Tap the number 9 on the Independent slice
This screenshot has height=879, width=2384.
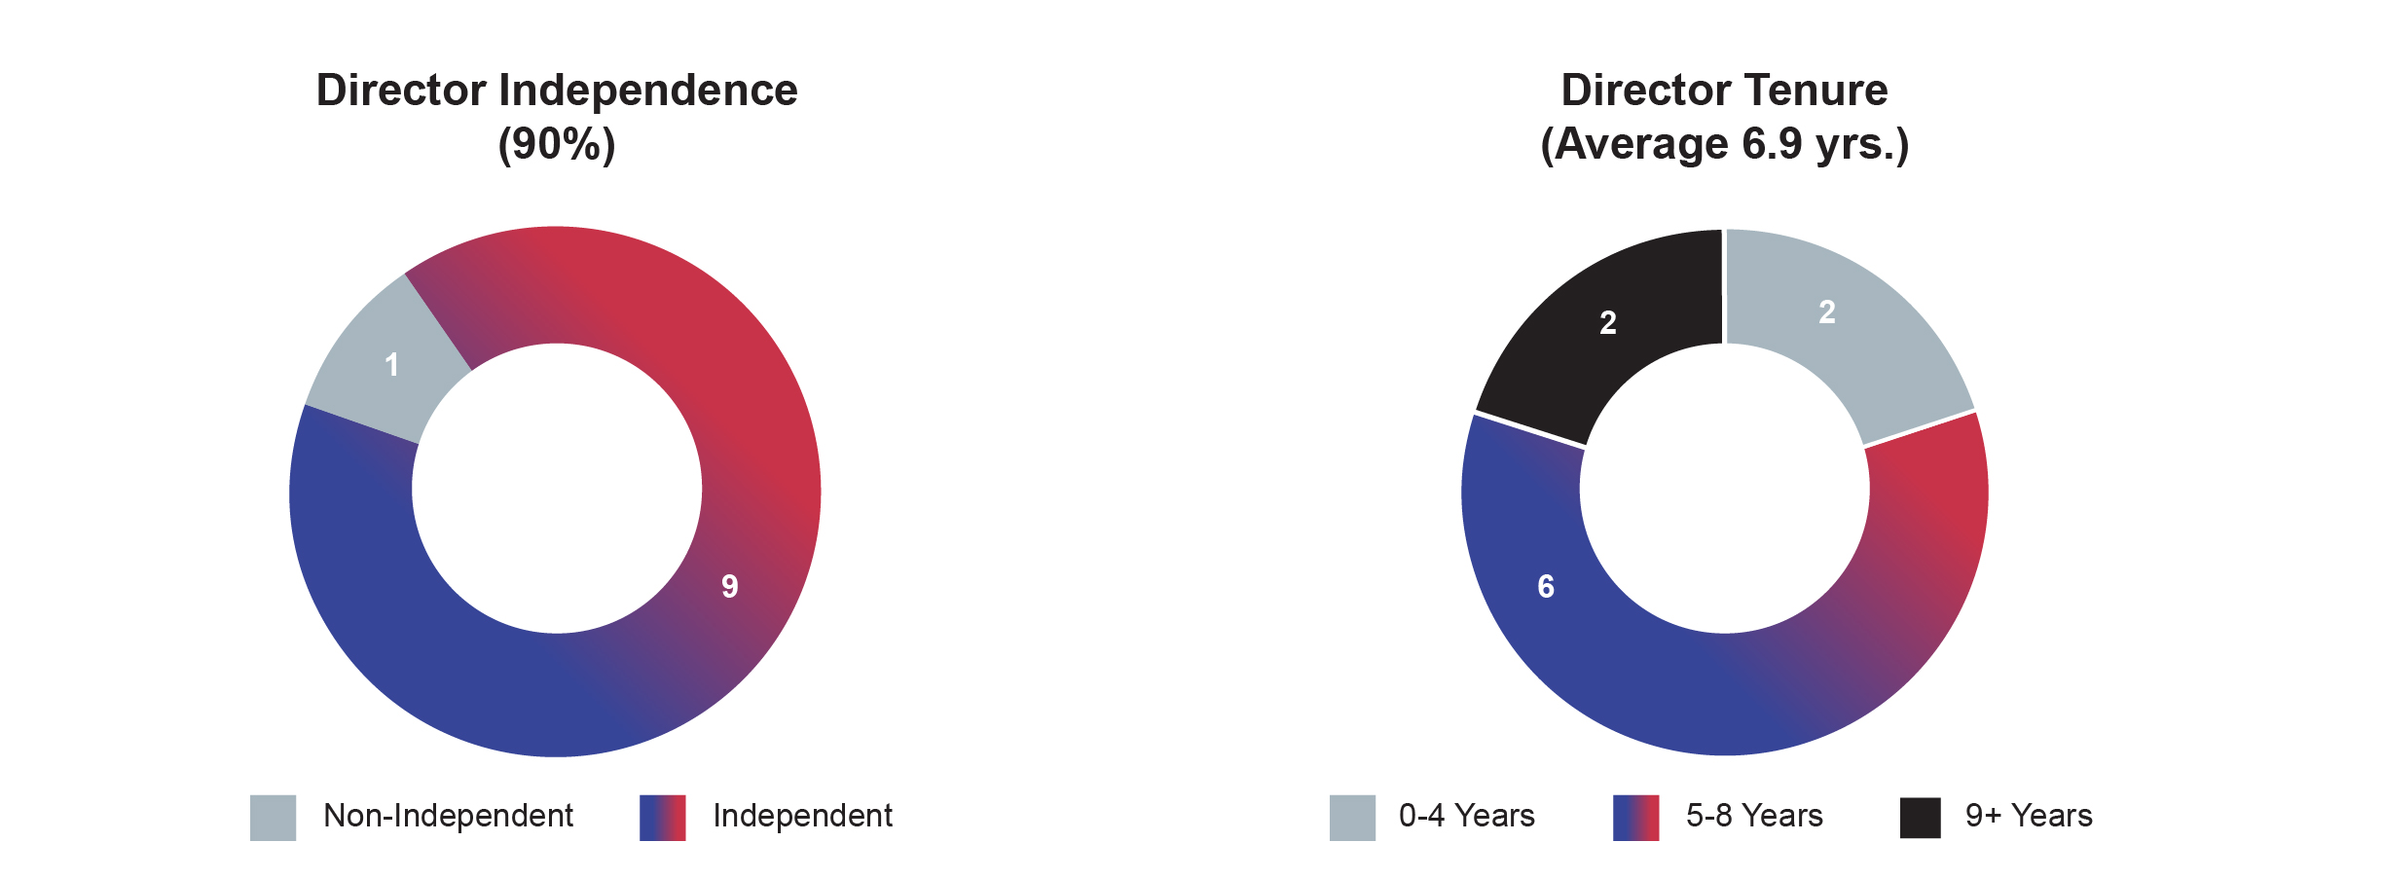click(729, 586)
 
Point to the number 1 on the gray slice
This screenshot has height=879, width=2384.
click(391, 365)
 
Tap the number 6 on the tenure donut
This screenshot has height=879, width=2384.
click(1545, 586)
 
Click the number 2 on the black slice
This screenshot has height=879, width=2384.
click(1608, 322)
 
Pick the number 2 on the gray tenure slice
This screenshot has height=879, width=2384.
click(1827, 311)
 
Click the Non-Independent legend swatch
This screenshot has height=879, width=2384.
click(273, 817)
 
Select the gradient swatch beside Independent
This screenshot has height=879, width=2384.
click(662, 817)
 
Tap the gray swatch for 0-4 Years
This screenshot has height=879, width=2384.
click(1352, 817)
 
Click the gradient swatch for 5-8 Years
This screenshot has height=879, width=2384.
click(1635, 817)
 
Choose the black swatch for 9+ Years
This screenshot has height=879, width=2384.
click(1920, 817)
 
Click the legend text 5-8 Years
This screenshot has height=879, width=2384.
click(1754, 816)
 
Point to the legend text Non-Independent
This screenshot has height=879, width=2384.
click(448, 816)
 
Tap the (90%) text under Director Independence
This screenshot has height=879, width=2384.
click(557, 144)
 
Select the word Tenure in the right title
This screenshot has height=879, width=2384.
click(1808, 91)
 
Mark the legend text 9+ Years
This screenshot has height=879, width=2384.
click(2029, 816)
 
